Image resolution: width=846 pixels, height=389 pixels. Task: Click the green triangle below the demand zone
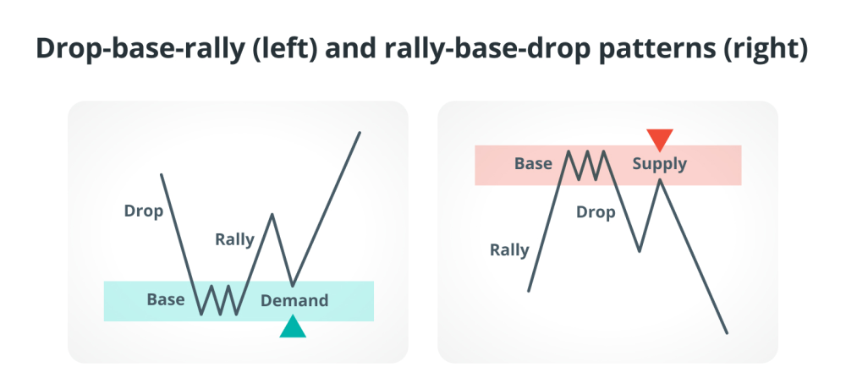point(293,327)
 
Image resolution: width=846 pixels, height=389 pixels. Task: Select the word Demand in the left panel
point(294,300)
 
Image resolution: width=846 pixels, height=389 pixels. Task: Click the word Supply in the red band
point(659,163)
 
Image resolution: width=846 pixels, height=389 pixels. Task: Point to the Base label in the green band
point(166,299)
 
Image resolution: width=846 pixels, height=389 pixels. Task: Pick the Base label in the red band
point(533,163)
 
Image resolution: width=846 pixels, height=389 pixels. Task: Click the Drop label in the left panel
point(144,211)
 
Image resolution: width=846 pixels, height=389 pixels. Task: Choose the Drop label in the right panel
point(596,212)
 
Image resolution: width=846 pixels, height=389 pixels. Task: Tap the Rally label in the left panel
point(234,239)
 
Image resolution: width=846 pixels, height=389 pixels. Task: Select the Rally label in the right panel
point(509,250)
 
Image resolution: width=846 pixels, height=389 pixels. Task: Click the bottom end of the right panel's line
point(727,333)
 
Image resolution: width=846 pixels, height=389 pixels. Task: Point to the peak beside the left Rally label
point(272,215)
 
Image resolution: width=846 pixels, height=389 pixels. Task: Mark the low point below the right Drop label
point(640,251)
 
